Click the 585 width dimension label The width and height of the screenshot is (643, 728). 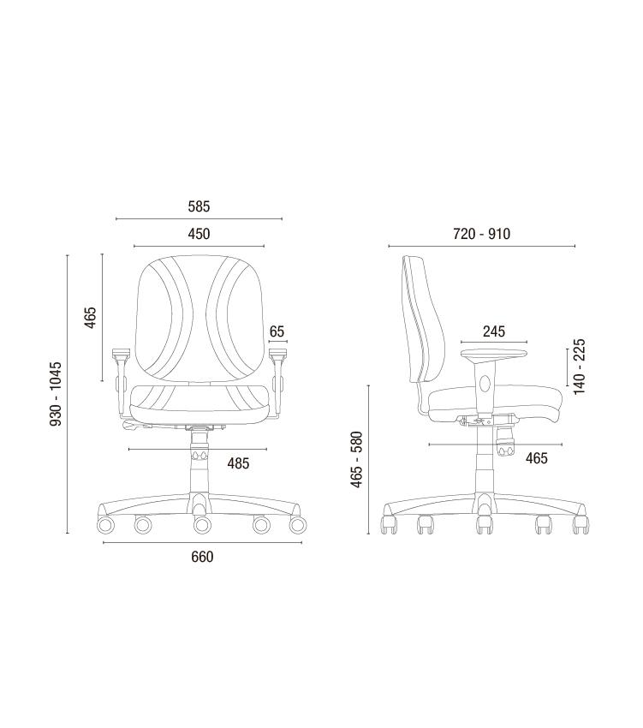click(x=199, y=206)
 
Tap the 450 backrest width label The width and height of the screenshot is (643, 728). click(x=199, y=234)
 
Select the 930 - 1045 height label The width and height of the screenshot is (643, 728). click(x=56, y=394)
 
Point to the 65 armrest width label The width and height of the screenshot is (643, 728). click(x=277, y=331)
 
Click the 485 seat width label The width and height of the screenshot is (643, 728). click(x=238, y=463)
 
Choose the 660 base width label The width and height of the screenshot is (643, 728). click(x=202, y=557)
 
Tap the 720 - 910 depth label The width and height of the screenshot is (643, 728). click(x=481, y=234)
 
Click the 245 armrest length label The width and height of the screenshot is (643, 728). click(x=494, y=331)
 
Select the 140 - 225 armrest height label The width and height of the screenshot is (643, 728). click(x=580, y=367)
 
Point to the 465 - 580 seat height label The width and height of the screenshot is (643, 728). click(x=356, y=460)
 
